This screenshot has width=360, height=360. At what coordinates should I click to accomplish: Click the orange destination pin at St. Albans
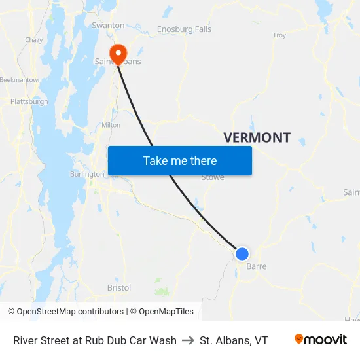point(118,54)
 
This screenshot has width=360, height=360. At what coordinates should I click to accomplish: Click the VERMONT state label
point(257,137)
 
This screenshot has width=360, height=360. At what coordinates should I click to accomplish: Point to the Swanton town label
point(108,26)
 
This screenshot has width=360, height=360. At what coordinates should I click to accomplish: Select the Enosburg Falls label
point(184,29)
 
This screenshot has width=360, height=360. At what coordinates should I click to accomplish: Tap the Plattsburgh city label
point(29,101)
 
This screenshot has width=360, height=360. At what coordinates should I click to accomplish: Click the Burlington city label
point(87,174)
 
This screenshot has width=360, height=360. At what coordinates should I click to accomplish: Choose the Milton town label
point(111,124)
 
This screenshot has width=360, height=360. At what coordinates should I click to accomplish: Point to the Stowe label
point(213,177)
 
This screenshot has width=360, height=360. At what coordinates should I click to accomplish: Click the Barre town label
point(256,266)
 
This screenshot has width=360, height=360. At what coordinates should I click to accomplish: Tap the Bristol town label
point(118,287)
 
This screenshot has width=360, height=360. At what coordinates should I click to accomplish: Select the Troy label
point(279,35)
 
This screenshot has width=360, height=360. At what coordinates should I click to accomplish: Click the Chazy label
point(34,40)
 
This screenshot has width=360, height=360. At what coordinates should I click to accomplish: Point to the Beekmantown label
point(21,79)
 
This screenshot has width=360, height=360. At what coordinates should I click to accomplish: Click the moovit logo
point(321,340)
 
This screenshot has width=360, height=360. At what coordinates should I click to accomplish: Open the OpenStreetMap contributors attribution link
point(65,312)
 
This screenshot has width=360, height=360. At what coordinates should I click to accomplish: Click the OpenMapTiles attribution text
point(164,312)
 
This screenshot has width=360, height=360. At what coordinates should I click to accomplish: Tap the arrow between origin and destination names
point(188,340)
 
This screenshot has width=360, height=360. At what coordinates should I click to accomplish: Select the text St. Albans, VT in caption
point(234,340)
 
